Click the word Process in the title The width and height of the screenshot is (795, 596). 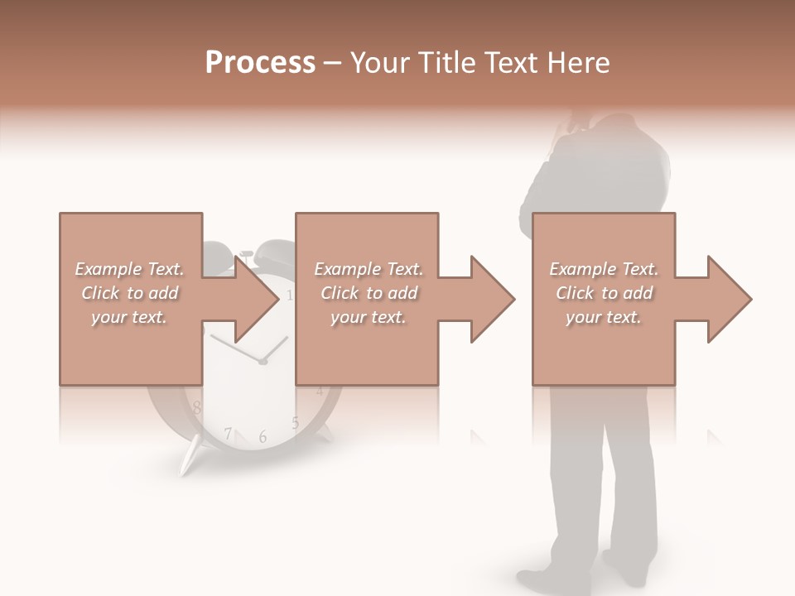[260, 63]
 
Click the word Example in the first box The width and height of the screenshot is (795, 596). [108, 269]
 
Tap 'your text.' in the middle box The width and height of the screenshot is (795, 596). [368, 317]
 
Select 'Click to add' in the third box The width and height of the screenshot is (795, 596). [604, 293]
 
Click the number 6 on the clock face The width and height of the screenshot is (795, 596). [263, 436]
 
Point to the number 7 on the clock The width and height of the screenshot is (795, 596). [228, 433]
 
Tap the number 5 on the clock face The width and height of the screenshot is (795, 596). [295, 423]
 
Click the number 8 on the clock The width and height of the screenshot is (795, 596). [196, 407]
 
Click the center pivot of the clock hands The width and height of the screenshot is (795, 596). [263, 362]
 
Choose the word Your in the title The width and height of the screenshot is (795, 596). [380, 63]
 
